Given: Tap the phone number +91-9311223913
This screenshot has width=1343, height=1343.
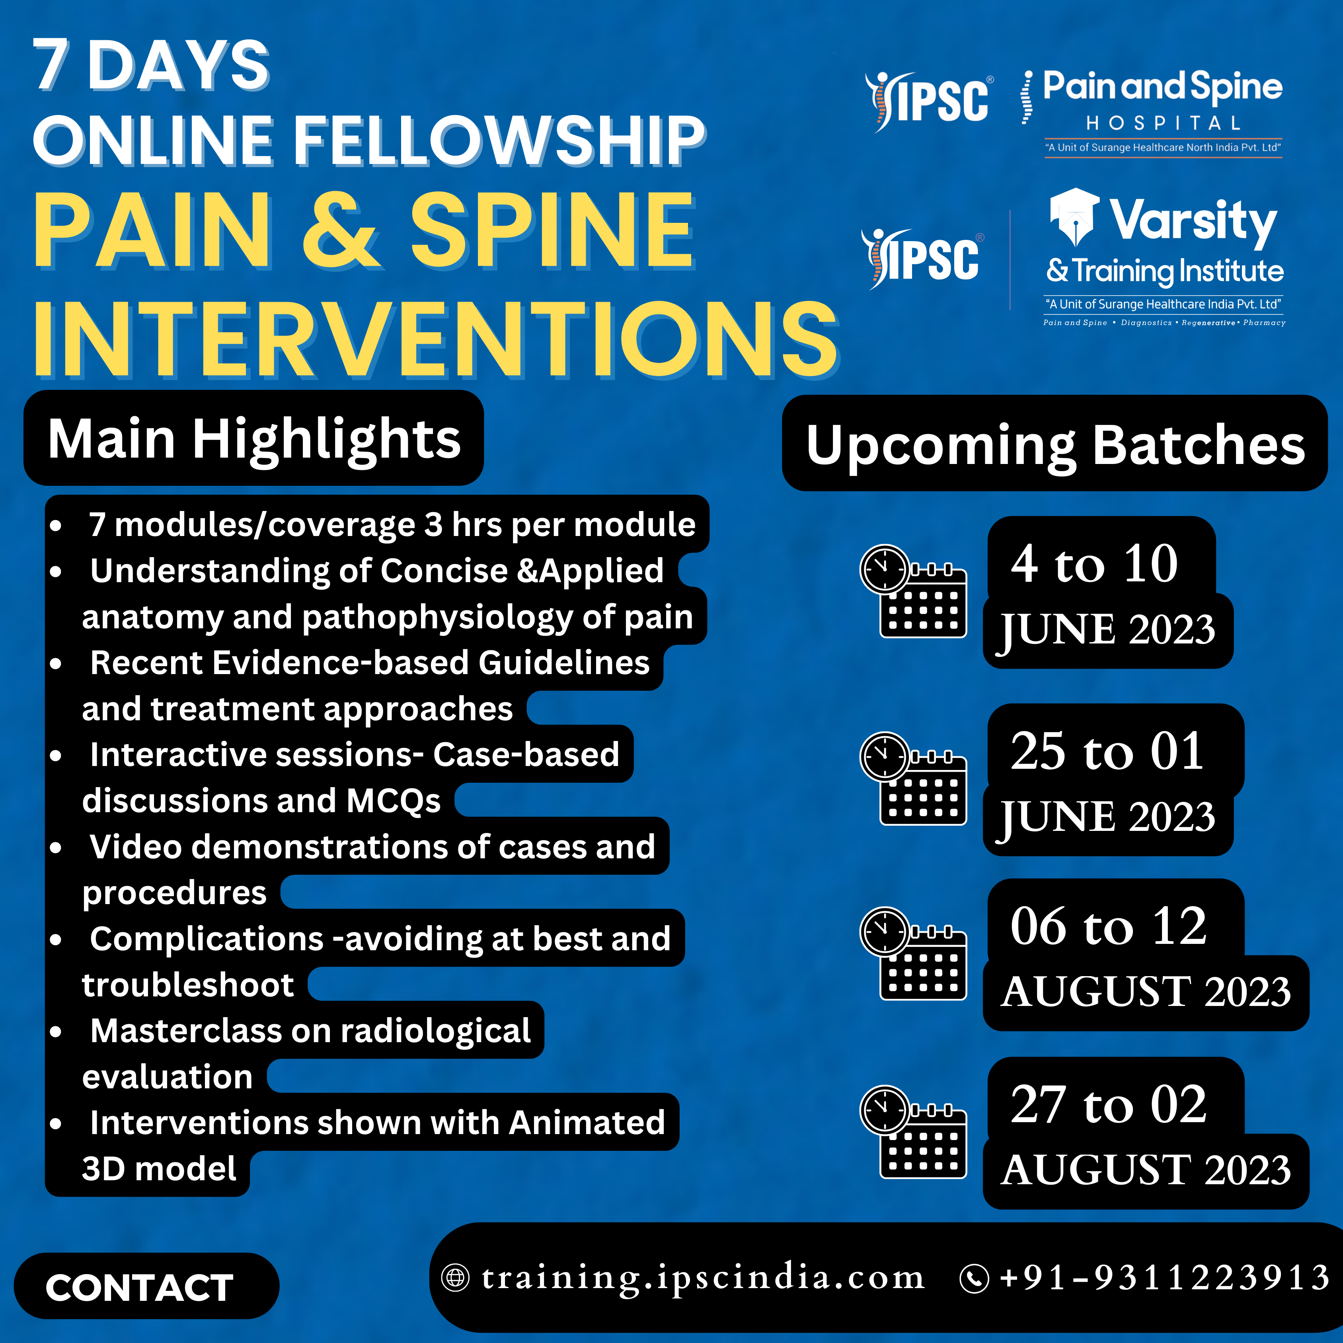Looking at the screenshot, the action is click(1164, 1278).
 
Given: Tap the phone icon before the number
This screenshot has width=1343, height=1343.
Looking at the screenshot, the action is click(974, 1279).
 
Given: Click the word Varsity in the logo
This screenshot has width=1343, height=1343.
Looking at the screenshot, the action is click(1193, 222).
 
